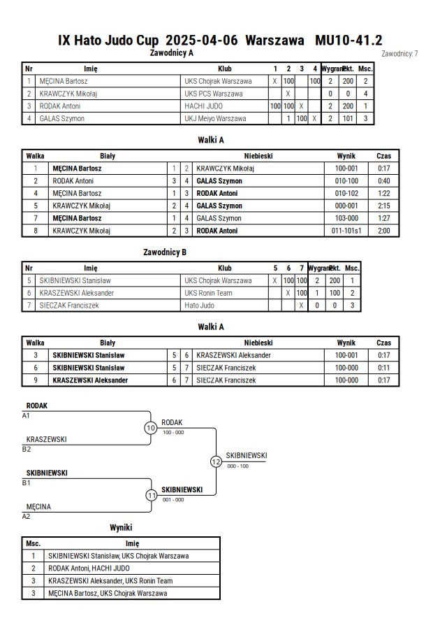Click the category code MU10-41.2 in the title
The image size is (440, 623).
tap(349, 40)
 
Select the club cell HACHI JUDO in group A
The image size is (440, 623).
tap(203, 106)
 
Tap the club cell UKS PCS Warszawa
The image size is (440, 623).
tap(214, 94)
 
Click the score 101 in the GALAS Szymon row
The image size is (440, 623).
tap(348, 118)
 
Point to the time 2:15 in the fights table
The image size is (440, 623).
tap(383, 206)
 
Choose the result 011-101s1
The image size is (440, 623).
tap(346, 231)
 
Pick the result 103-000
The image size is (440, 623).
tap(346, 218)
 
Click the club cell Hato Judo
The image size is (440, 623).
tap(199, 306)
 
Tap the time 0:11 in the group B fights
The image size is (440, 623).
tap(383, 368)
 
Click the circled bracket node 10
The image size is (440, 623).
tap(151, 428)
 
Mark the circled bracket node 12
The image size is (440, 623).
tap(216, 461)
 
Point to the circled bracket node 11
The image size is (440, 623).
tap(152, 496)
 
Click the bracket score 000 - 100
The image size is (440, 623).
tap(237, 466)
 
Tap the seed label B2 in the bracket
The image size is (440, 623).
tap(26, 450)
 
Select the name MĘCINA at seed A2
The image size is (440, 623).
tap(38, 507)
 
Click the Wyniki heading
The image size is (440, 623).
tap(121, 528)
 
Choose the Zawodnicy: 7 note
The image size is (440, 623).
tap(399, 54)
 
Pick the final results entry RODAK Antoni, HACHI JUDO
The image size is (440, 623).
tap(89, 568)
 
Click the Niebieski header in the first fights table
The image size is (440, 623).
tap(258, 156)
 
